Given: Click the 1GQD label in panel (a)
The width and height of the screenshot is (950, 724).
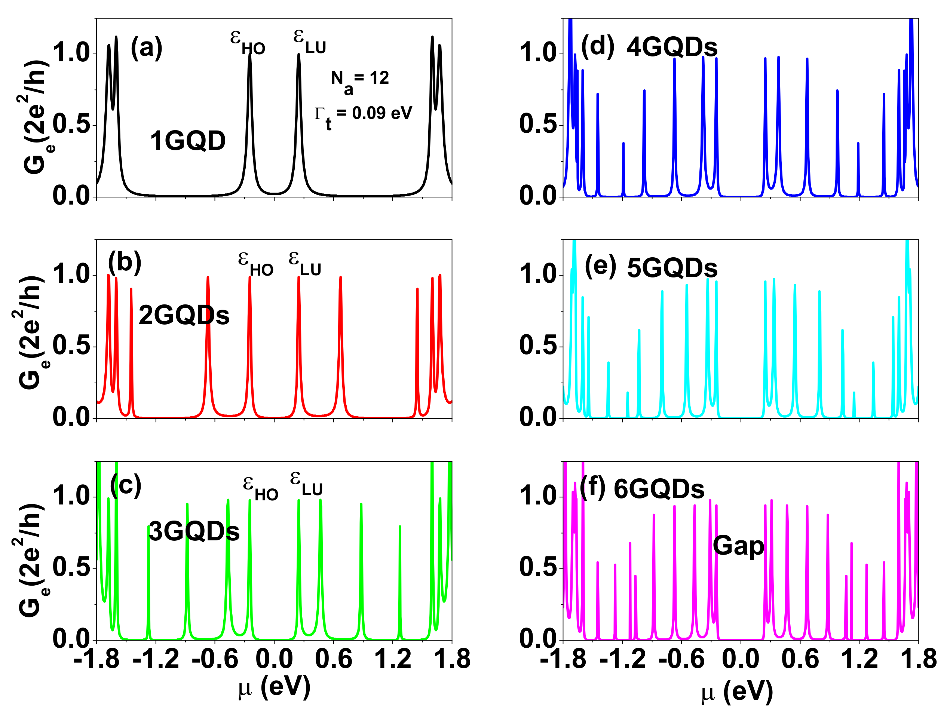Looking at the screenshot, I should click(x=188, y=141).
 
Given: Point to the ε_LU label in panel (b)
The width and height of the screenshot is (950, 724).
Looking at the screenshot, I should click(x=305, y=263).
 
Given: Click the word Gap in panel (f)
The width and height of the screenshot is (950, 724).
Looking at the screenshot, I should click(x=738, y=546).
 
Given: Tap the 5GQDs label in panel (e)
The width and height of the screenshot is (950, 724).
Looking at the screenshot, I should click(x=672, y=268).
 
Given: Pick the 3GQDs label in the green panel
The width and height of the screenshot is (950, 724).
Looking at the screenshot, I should click(x=194, y=531).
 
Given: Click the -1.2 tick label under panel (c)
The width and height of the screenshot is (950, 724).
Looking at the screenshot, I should click(x=156, y=659).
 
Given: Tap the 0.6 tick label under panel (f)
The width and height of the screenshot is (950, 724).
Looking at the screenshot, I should click(x=800, y=659).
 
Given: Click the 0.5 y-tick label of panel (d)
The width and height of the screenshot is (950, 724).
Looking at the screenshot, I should click(x=537, y=125).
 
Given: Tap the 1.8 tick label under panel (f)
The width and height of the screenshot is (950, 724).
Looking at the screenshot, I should click(x=919, y=659).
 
